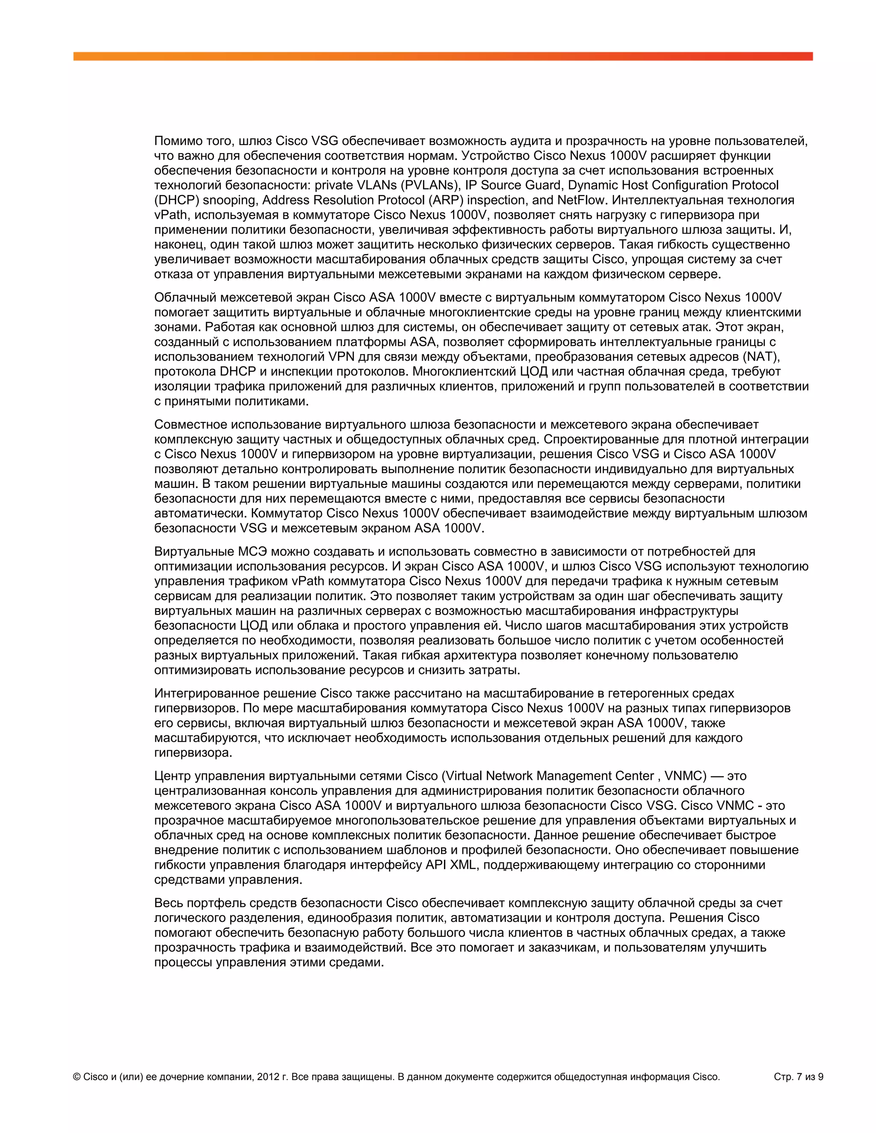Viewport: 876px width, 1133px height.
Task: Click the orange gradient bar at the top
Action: point(443,56)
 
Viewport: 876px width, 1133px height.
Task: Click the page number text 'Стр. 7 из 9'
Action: point(798,1077)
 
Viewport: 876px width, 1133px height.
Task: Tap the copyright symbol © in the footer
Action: point(77,1077)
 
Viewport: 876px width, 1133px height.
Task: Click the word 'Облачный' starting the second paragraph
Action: point(185,297)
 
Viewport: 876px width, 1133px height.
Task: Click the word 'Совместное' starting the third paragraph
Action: point(190,425)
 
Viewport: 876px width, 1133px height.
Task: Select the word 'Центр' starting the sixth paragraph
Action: point(172,776)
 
